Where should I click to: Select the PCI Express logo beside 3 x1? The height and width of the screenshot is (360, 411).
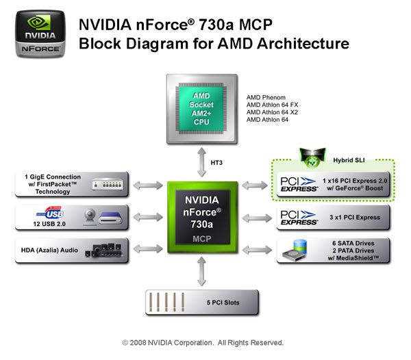(x=300, y=218)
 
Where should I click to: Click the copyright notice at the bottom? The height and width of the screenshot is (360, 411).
(x=203, y=342)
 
